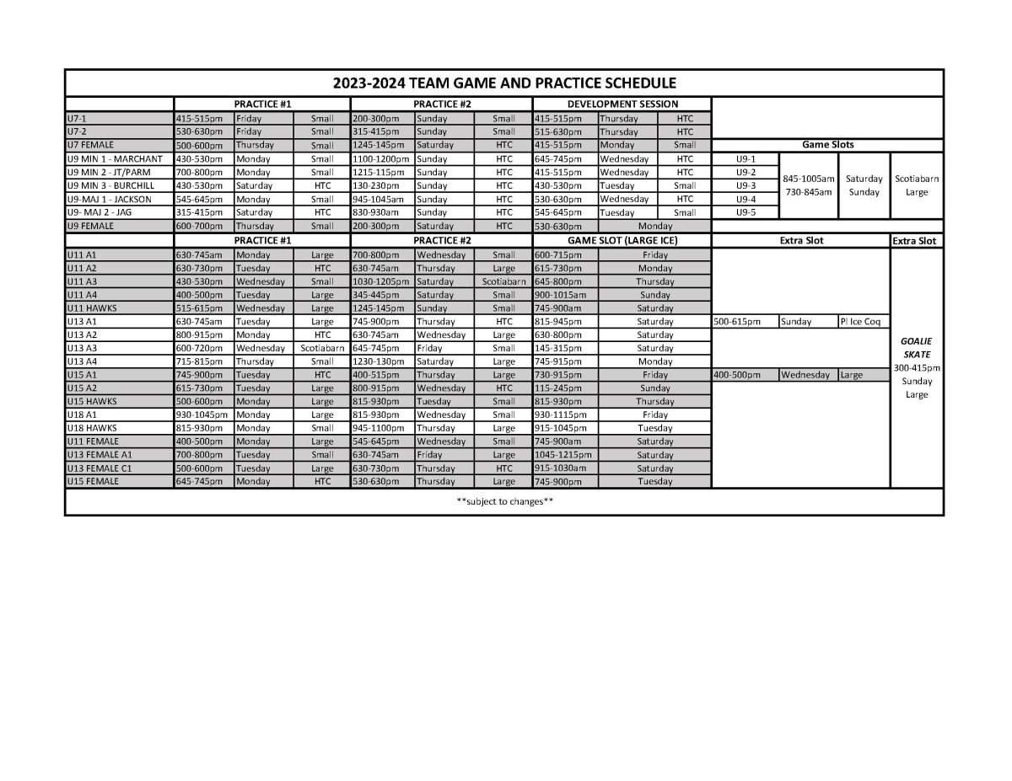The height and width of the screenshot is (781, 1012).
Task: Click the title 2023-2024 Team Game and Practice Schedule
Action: tap(504, 83)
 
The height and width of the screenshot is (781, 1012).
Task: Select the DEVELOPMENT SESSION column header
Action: tap(622, 104)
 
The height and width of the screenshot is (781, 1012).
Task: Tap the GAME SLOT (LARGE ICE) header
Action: tap(622, 240)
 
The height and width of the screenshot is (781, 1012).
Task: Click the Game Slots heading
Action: tap(827, 145)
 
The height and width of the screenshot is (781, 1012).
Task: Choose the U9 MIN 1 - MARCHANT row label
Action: tap(114, 158)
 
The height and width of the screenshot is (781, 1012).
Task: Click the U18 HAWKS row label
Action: tap(94, 428)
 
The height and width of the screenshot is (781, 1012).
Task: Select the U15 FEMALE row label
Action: tap(93, 481)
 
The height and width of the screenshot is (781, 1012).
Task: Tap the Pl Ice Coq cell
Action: tap(860, 321)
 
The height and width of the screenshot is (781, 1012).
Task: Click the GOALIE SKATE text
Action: tap(916, 348)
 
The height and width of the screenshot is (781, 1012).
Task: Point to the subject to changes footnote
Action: tap(504, 502)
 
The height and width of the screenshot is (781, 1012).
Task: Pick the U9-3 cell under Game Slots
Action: tap(746, 185)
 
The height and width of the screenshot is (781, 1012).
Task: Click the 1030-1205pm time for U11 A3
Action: tap(380, 281)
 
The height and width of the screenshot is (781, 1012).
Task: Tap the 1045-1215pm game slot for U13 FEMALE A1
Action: tap(563, 455)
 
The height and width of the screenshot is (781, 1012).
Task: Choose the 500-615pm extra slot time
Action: tap(736, 321)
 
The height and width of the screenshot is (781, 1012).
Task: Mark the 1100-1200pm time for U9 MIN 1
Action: tap(380, 158)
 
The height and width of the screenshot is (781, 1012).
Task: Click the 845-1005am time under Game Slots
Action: tap(809, 179)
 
